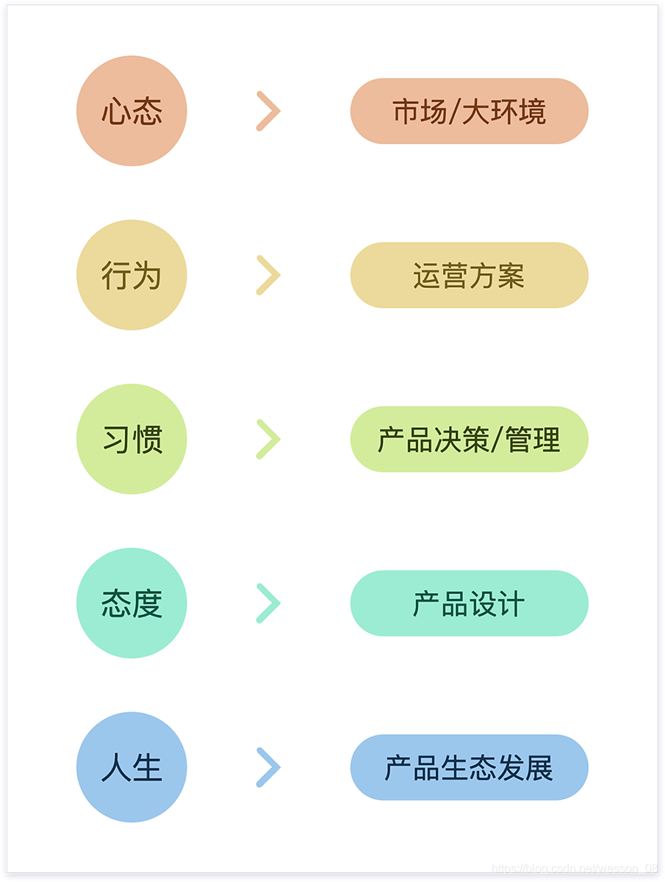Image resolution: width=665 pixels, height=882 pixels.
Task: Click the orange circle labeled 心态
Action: pyautogui.click(x=132, y=111)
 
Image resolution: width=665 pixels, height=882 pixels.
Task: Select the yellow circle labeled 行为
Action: pyautogui.click(x=132, y=275)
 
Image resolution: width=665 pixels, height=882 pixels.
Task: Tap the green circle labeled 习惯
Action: pyautogui.click(x=132, y=439)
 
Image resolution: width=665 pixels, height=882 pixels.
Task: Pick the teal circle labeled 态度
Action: pyautogui.click(x=132, y=603)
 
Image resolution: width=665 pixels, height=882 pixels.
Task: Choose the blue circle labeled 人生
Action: pyautogui.click(x=132, y=767)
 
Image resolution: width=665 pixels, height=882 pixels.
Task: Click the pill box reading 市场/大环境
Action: pyautogui.click(x=469, y=111)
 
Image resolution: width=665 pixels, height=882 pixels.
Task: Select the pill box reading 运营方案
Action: pyautogui.click(x=469, y=275)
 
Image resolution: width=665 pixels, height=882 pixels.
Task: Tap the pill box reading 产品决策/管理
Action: pyautogui.click(x=469, y=439)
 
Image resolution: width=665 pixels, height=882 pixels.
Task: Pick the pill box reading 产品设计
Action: pyautogui.click(x=469, y=603)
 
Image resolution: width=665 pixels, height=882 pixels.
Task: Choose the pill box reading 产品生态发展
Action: pyautogui.click(x=469, y=767)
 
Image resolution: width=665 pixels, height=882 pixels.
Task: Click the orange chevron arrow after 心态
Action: pyautogui.click(x=268, y=111)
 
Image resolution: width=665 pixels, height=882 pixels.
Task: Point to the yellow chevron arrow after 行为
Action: pyautogui.click(x=268, y=275)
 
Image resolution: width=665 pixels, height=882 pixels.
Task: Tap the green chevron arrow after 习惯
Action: pyautogui.click(x=268, y=439)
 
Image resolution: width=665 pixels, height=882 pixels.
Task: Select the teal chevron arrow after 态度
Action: pyautogui.click(x=268, y=603)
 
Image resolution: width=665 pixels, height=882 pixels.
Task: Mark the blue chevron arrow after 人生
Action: pyautogui.click(x=268, y=767)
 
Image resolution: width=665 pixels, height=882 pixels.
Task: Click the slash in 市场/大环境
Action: pyautogui.click(x=453, y=112)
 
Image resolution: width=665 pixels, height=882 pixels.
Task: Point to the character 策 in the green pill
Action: pyautogui.click(x=475, y=440)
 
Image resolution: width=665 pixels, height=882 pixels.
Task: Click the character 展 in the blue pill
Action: pyautogui.click(x=539, y=767)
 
